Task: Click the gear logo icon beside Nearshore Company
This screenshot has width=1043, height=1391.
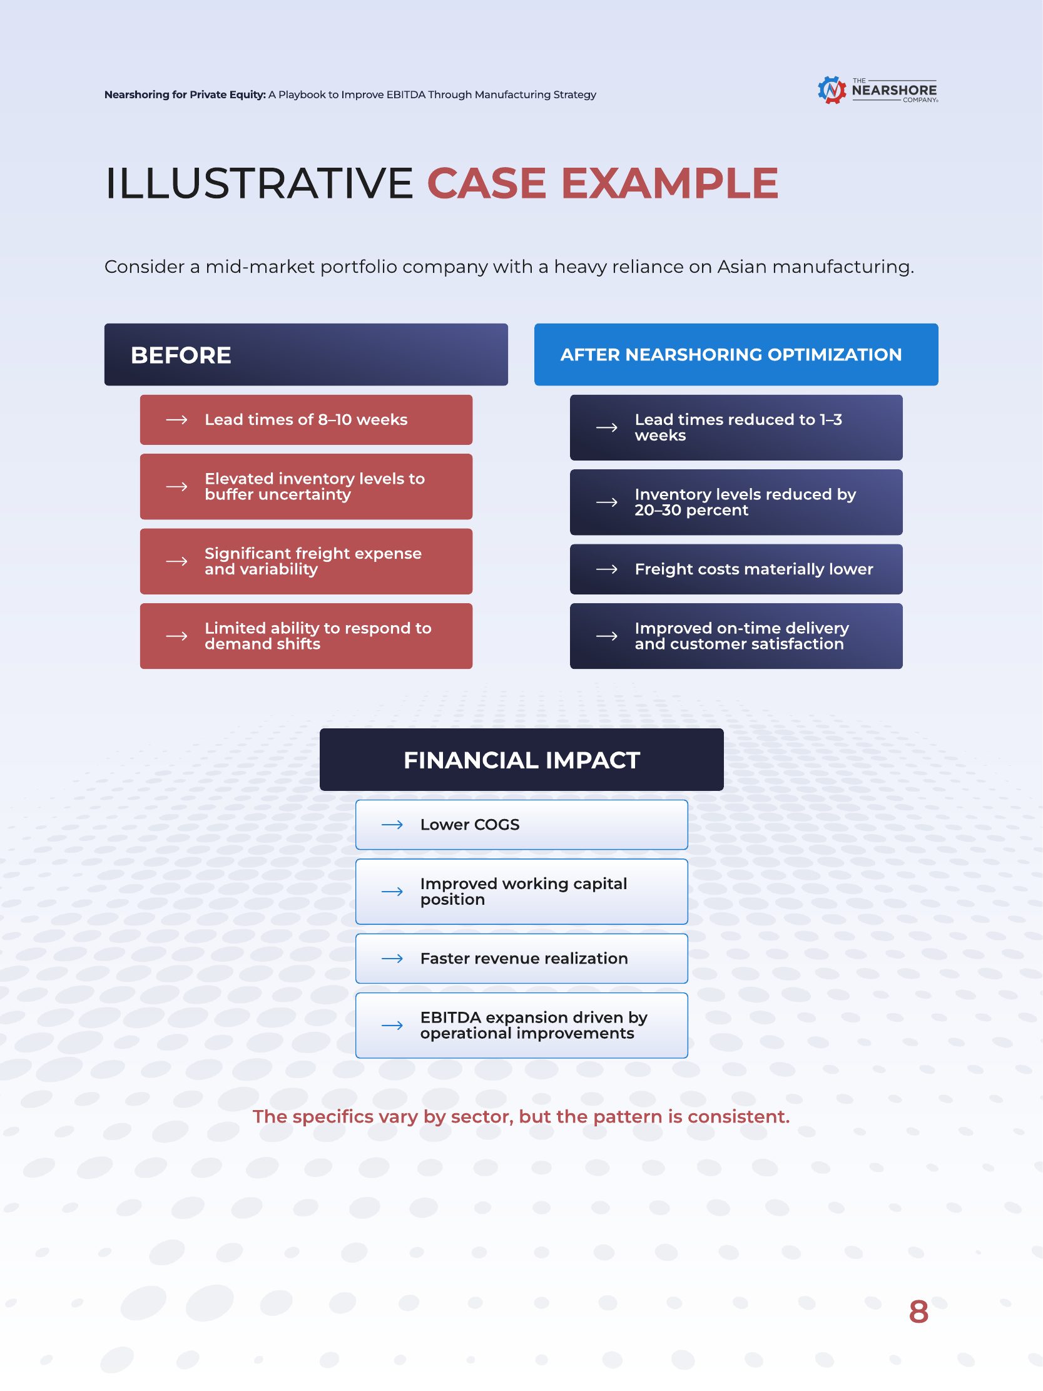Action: coord(832,90)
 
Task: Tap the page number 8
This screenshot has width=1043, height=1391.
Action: coord(918,1312)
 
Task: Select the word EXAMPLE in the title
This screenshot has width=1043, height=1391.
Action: coord(669,183)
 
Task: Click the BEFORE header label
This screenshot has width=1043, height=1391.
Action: coord(181,355)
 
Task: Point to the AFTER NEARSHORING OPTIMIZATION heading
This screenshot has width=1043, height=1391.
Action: coord(731,355)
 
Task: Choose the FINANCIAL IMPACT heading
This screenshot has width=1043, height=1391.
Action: coord(522,760)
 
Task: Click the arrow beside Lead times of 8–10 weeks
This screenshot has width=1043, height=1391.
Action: coord(176,419)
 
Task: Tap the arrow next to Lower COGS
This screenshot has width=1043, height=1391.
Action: coord(392,825)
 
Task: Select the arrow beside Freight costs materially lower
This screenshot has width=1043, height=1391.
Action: coord(607,569)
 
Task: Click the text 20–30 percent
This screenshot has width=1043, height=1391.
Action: coord(691,510)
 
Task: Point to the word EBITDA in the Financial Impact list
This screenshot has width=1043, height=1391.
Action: coord(450,1017)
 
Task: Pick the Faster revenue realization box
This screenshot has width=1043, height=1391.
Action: coord(522,959)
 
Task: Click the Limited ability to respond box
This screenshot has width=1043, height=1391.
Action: coord(306,636)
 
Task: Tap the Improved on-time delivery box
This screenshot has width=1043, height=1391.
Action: coord(736,636)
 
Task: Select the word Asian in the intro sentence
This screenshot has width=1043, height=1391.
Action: coord(743,267)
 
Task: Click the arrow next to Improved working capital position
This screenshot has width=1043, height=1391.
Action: coord(392,892)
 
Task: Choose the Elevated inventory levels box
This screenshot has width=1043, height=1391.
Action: coord(306,487)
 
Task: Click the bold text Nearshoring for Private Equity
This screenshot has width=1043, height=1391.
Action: coord(185,95)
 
